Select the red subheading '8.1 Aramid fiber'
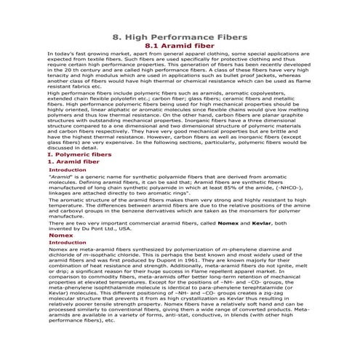(x=180, y=45)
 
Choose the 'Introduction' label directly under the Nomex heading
(x=66, y=243)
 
